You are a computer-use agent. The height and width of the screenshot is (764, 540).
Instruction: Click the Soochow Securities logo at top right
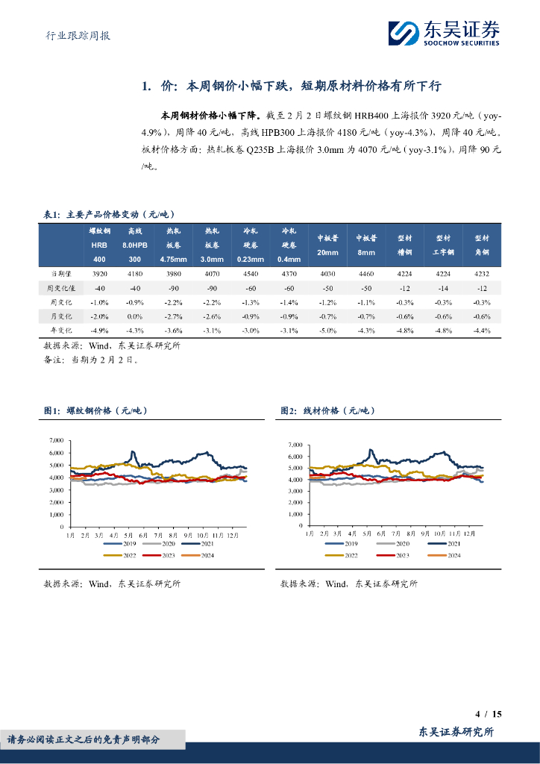click(x=444, y=32)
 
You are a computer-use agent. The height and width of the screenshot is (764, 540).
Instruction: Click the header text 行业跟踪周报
click(x=73, y=35)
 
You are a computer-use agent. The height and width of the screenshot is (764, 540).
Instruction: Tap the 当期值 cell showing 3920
click(x=99, y=275)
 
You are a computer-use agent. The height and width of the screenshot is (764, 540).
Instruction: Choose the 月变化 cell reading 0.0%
click(x=135, y=316)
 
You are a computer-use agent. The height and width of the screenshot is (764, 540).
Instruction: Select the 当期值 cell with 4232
click(x=481, y=275)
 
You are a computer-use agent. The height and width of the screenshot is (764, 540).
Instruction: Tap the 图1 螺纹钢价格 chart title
click(x=97, y=411)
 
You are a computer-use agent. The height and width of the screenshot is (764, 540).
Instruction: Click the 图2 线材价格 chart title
click(x=327, y=411)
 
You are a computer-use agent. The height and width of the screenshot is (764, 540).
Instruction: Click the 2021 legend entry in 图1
click(x=214, y=545)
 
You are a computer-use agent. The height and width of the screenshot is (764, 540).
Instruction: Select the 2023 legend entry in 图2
click(x=401, y=556)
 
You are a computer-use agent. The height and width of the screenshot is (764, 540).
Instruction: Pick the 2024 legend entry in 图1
click(x=214, y=556)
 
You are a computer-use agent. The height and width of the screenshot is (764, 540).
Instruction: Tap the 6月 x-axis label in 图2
click(x=381, y=536)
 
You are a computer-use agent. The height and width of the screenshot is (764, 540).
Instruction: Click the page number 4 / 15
click(x=488, y=714)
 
